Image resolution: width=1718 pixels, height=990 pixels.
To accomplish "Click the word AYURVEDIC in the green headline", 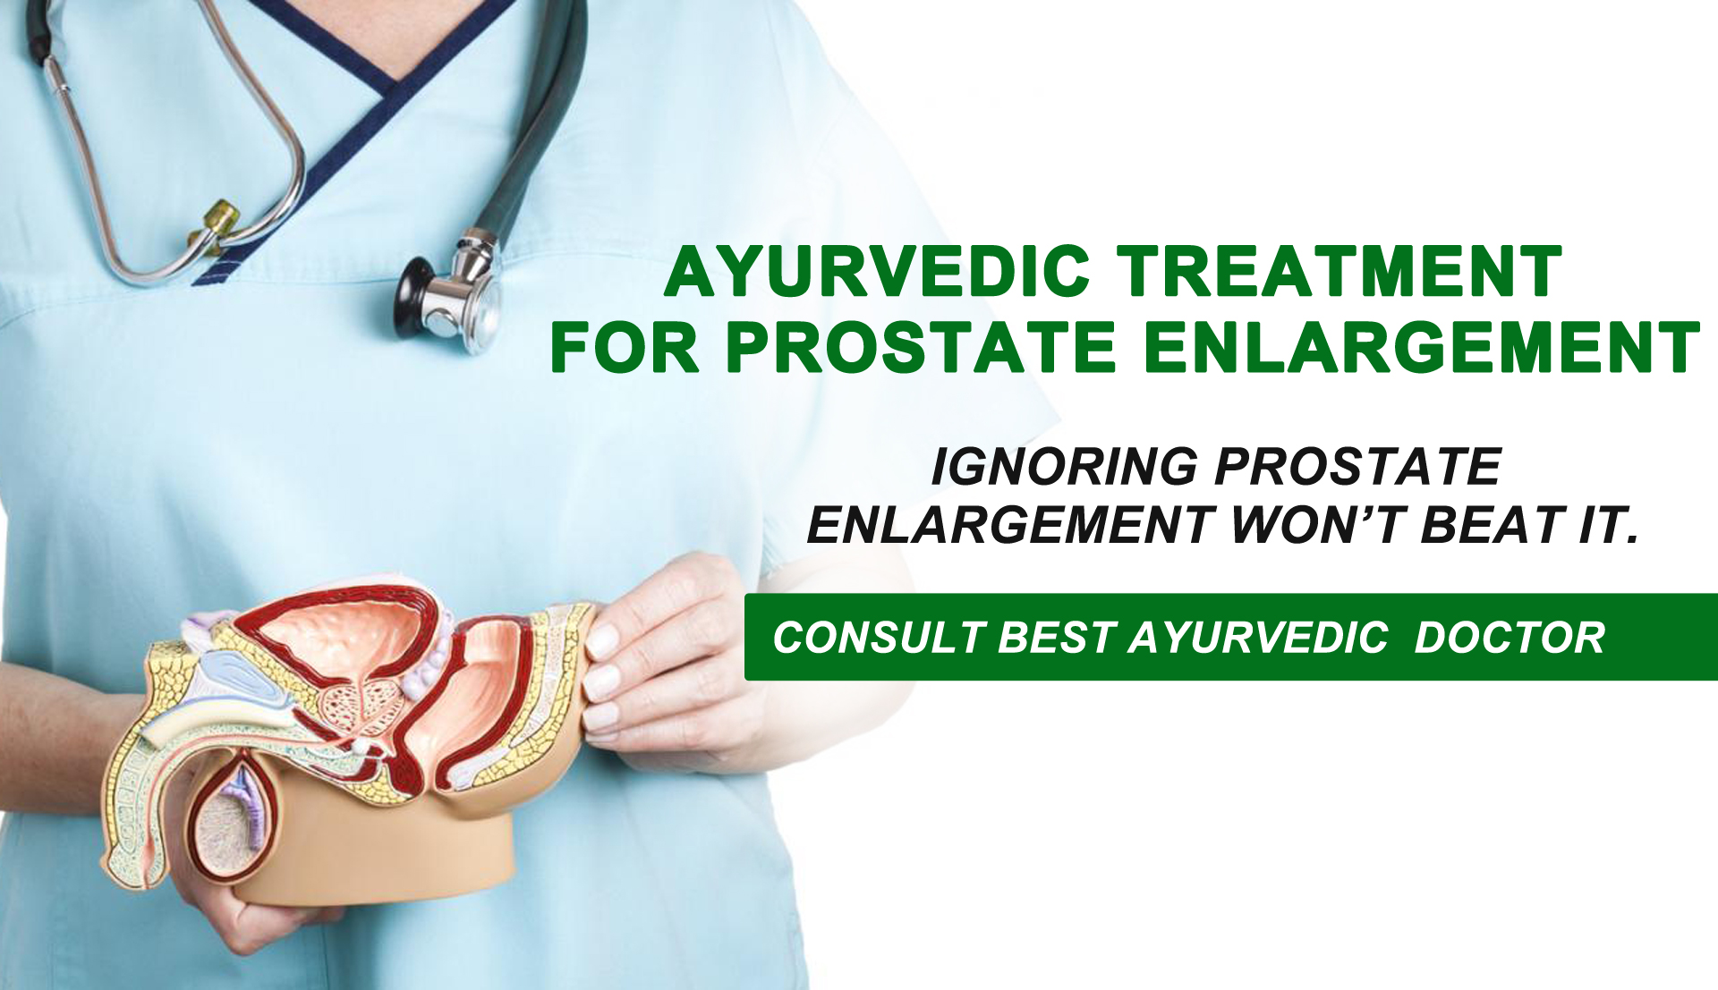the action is (878, 271).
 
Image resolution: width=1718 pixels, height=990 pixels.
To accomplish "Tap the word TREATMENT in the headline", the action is (1340, 271).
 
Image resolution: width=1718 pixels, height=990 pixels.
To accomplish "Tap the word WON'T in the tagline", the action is (1315, 524).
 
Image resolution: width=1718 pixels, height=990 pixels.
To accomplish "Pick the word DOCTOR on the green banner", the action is (1510, 638).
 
